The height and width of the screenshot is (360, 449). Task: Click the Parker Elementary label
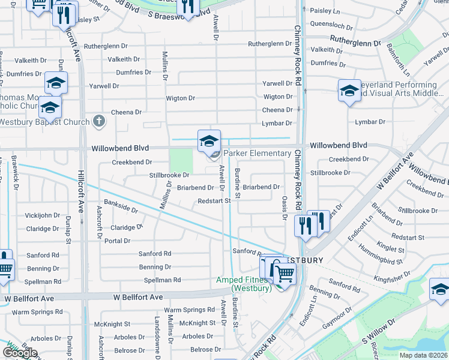coord(257,154)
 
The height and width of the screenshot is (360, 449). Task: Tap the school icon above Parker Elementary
coord(209,141)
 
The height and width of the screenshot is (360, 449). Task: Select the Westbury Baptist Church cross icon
coord(100,122)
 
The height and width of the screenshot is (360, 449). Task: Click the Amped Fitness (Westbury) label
coord(244,284)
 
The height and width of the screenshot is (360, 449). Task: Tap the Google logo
coord(20,352)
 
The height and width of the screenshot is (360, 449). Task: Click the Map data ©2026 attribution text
coord(423,355)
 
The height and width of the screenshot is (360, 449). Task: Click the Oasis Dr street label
coord(285,208)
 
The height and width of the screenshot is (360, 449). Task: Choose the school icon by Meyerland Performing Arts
coord(349,91)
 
